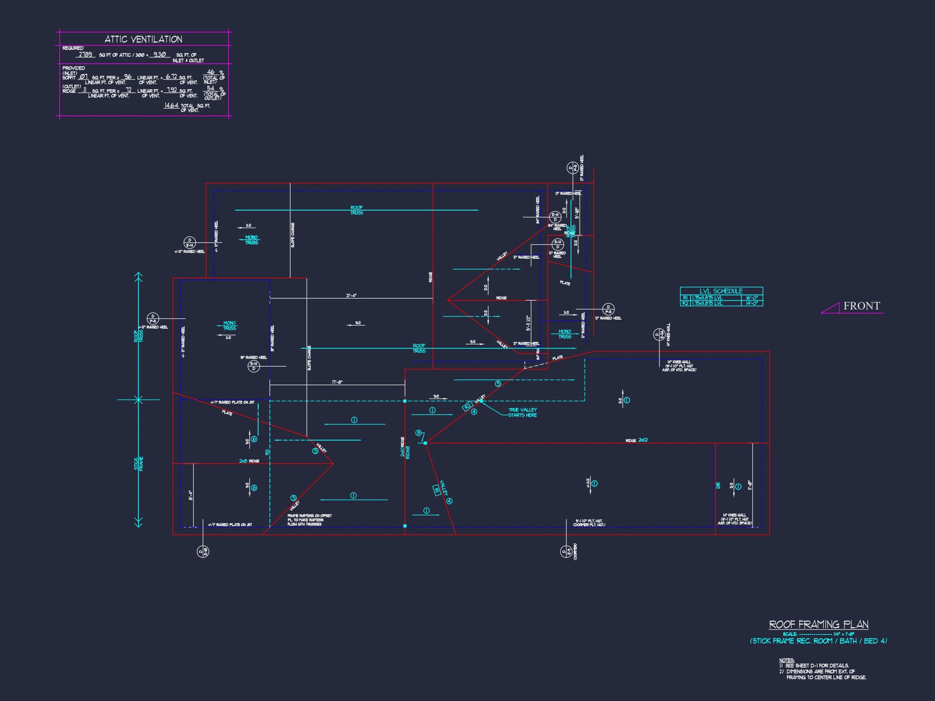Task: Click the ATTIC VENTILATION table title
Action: (x=143, y=39)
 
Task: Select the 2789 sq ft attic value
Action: (x=85, y=54)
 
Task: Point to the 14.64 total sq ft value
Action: (x=171, y=105)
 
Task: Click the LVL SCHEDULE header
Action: (x=721, y=291)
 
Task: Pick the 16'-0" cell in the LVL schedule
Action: (x=752, y=298)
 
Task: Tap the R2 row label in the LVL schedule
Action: (x=685, y=303)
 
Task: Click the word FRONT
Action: (x=862, y=306)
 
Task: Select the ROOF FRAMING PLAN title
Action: (x=819, y=624)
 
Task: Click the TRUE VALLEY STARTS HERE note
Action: (x=522, y=413)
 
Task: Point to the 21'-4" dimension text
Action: (x=351, y=296)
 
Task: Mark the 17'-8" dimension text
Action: (x=337, y=383)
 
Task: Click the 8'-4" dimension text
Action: (x=191, y=495)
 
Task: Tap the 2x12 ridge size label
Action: (x=642, y=440)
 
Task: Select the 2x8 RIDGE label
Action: (x=249, y=461)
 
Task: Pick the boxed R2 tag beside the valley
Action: (x=467, y=406)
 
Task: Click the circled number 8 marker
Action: (x=418, y=433)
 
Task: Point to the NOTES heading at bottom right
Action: (x=786, y=660)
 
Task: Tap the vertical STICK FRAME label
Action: (x=139, y=464)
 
